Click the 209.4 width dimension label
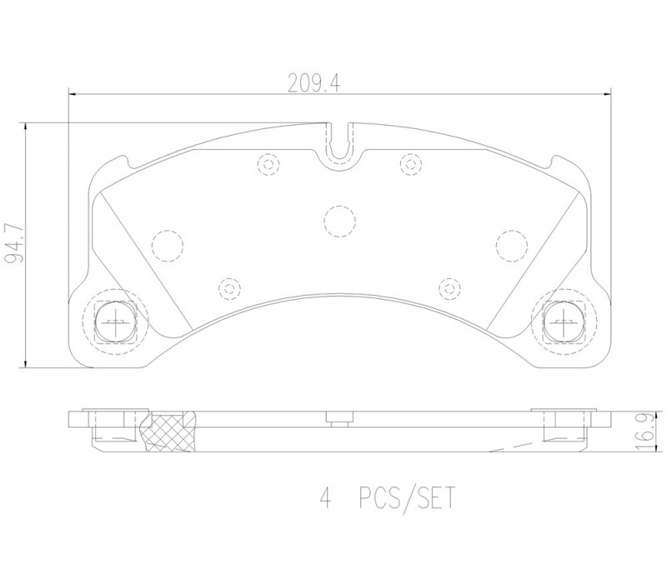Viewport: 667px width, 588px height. click(x=314, y=83)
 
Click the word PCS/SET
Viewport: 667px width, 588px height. click(x=407, y=498)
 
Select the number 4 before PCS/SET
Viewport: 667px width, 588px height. click(x=325, y=498)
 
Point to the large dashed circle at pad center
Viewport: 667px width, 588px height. click(x=339, y=222)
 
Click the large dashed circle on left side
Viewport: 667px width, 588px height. click(x=168, y=246)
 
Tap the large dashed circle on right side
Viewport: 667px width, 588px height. click(x=511, y=246)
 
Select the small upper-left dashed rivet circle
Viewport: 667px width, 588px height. click(x=268, y=163)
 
